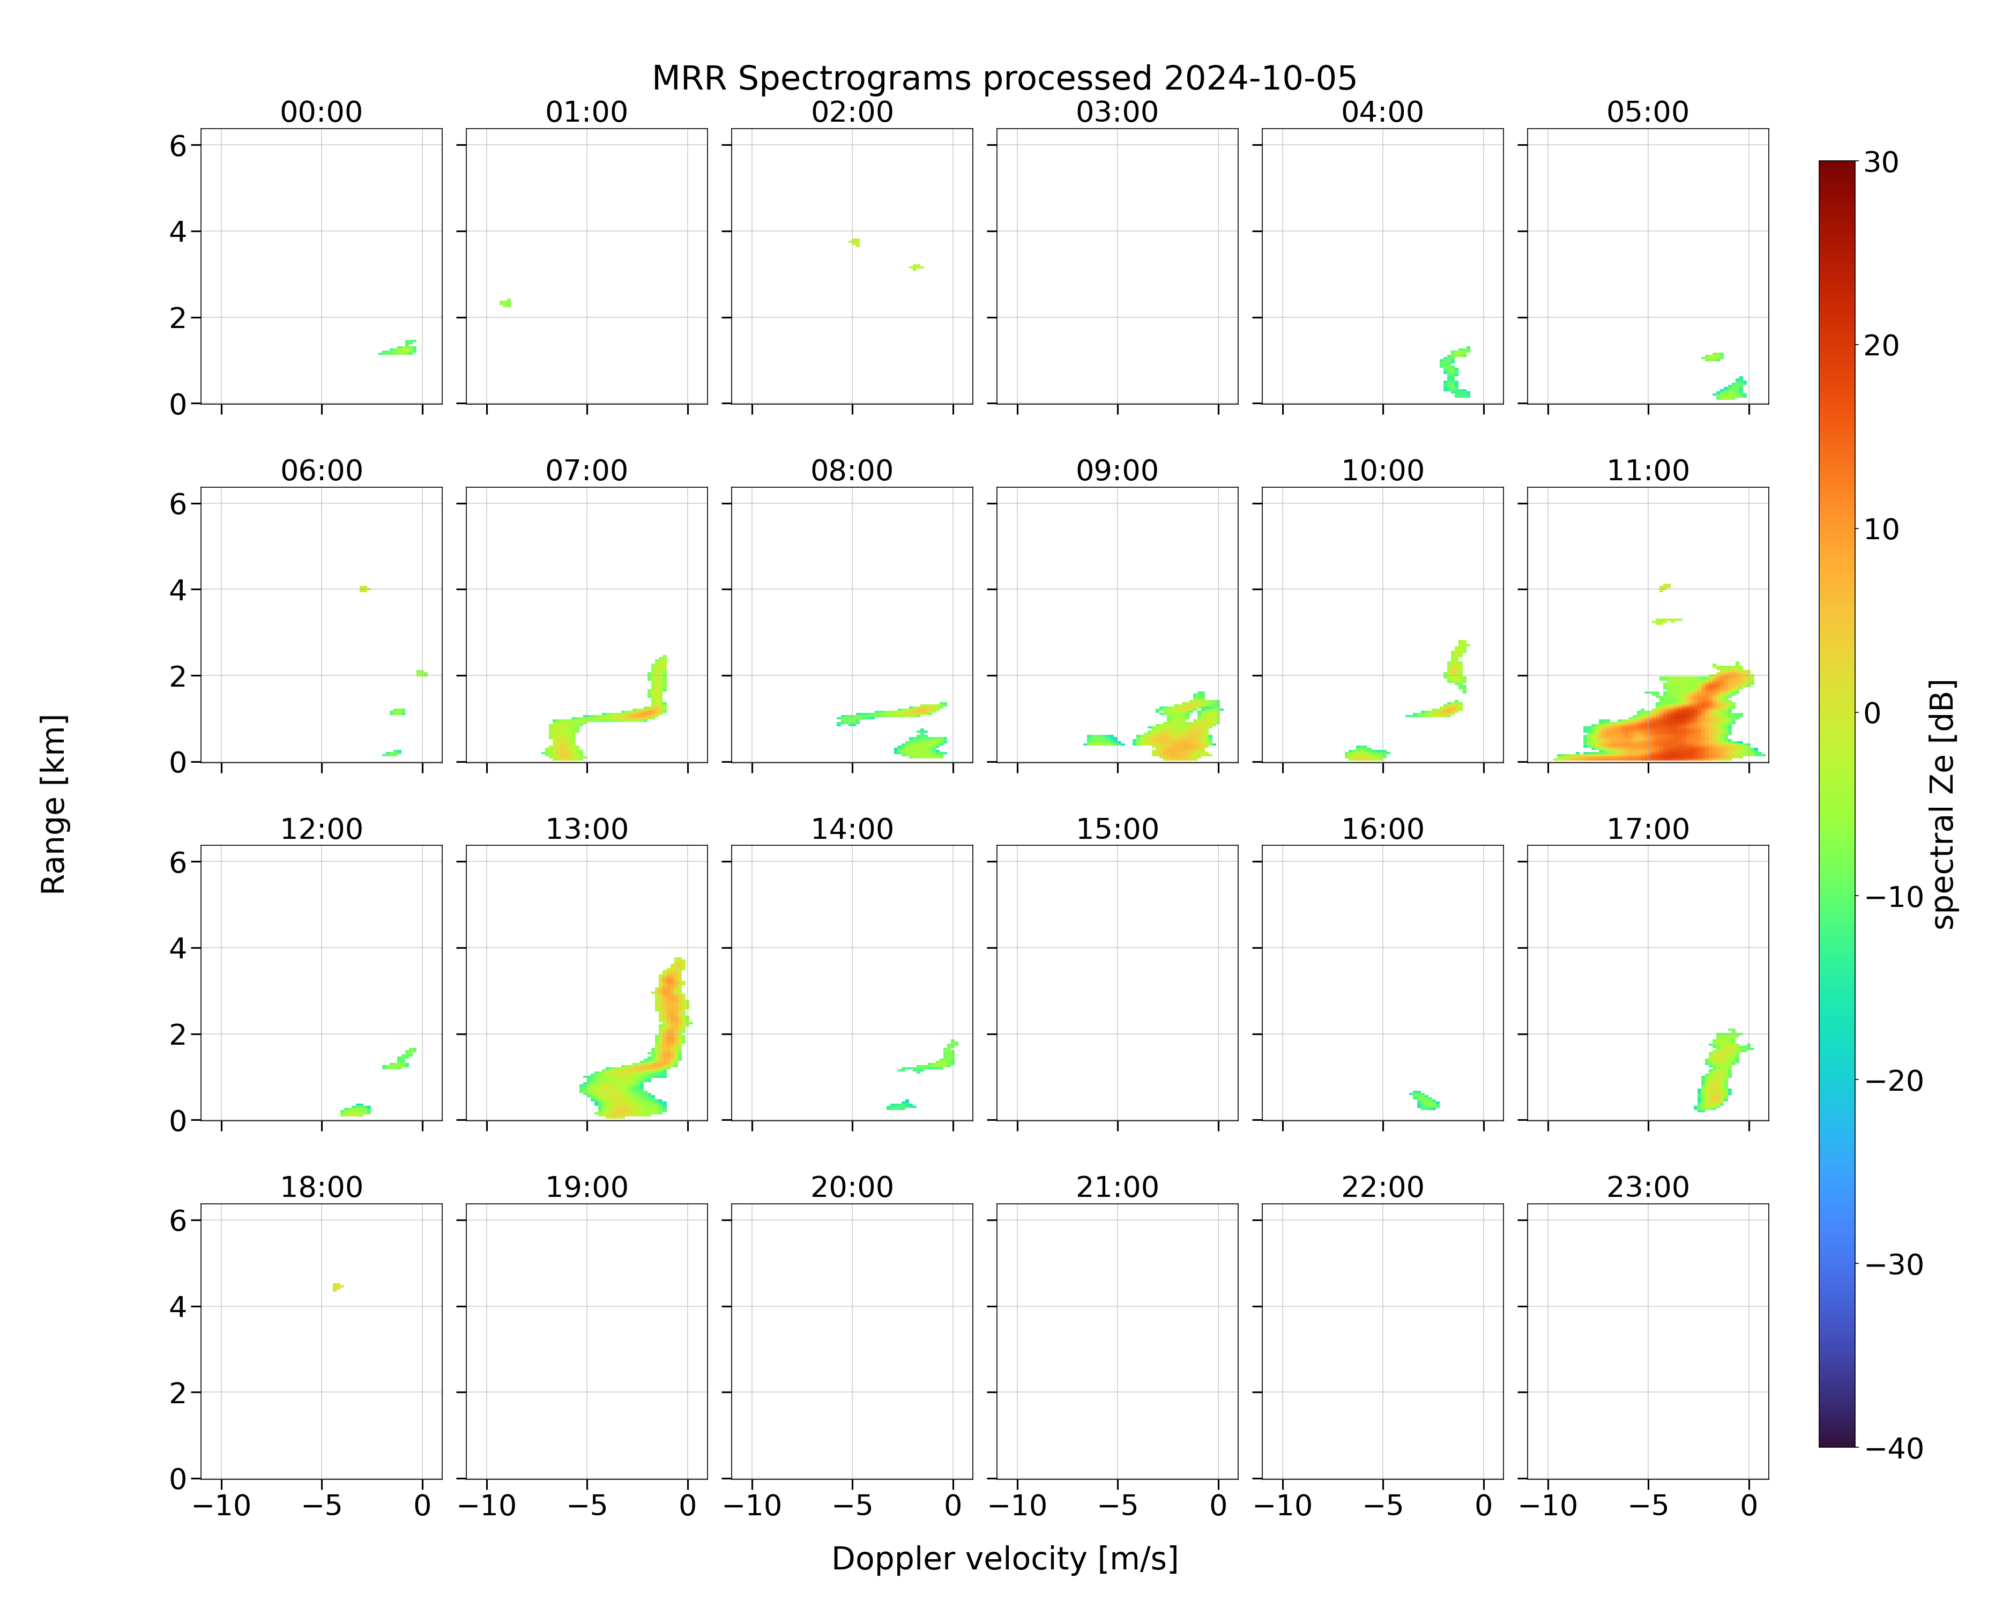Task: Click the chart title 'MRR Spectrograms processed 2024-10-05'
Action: (x=1004, y=78)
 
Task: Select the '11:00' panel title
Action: (x=1647, y=471)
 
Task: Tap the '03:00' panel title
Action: (x=1117, y=112)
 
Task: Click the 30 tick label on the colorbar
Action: (x=1881, y=162)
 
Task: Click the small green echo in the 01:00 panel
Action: (x=505, y=303)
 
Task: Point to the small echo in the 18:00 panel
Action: (x=338, y=1287)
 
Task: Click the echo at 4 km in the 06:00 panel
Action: (x=364, y=589)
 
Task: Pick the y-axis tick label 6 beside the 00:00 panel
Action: (x=178, y=145)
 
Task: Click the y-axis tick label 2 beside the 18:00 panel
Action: (x=178, y=1393)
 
